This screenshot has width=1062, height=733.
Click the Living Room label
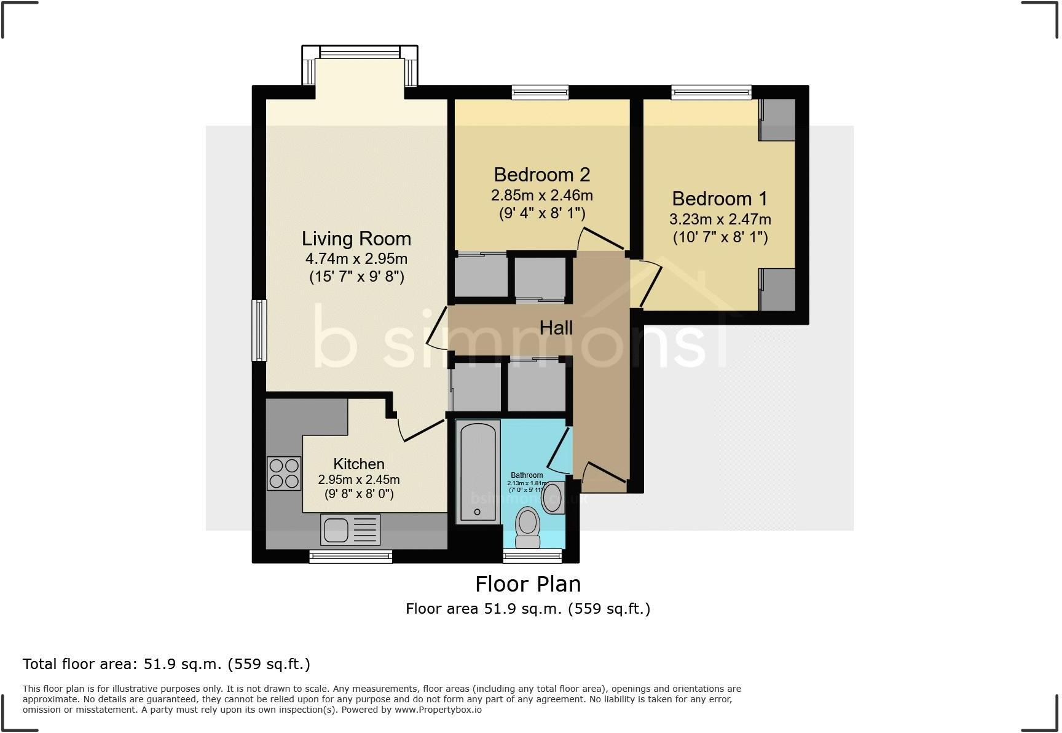[356, 239]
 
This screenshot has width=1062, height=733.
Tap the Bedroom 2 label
[541, 175]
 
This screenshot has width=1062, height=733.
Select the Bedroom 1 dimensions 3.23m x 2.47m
[720, 219]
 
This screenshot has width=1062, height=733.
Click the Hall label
[556, 328]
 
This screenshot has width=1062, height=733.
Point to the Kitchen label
[359, 464]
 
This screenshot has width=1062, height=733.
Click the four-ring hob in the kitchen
[284, 473]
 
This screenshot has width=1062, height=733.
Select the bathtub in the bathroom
[478, 471]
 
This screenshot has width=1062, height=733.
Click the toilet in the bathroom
[527, 528]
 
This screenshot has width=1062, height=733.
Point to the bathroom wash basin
[554, 497]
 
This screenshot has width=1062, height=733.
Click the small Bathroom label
[527, 475]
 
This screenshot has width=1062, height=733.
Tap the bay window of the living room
[360, 52]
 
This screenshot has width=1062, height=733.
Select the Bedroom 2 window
[540, 93]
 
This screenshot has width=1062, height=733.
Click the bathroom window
[532, 557]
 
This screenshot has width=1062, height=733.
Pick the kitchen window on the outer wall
[350, 557]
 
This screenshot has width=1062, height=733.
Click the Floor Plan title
[528, 584]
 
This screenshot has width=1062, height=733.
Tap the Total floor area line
[166, 664]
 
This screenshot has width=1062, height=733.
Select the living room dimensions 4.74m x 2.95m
[356, 259]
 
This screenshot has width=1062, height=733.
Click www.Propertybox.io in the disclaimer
[438, 710]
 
